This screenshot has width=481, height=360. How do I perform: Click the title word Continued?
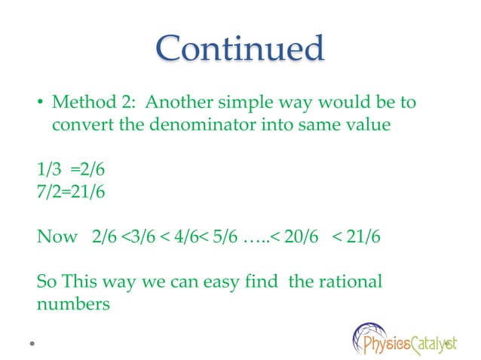click(240, 49)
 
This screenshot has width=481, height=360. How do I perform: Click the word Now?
click(57, 237)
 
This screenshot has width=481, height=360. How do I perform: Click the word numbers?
click(74, 305)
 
